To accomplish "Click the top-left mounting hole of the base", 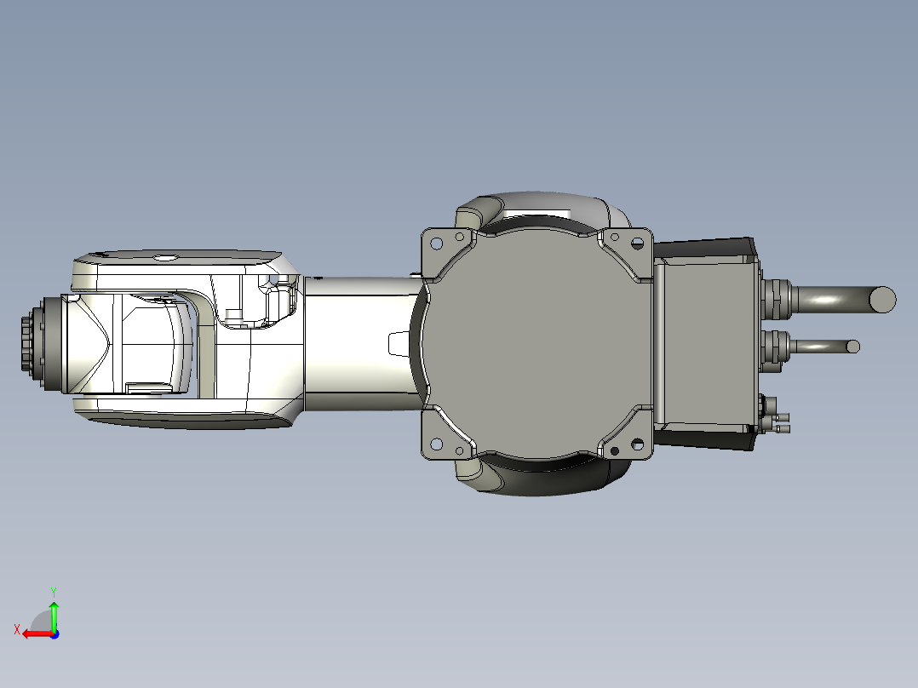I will (x=436, y=243).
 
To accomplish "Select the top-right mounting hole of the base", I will (x=636, y=243).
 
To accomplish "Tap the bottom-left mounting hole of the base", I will (x=436, y=444).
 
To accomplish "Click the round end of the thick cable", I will (x=883, y=298).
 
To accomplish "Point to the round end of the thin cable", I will (x=852, y=347).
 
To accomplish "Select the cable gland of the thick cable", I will (x=776, y=298).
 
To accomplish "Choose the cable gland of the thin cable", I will (x=776, y=347).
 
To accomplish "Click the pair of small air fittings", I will (x=778, y=422).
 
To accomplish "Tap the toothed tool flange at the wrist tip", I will (x=29, y=343).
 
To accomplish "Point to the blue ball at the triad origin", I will (x=55, y=634).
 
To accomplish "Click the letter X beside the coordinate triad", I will (x=17, y=629).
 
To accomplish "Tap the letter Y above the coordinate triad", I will (x=53, y=590).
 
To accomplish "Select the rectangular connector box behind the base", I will (x=706, y=343).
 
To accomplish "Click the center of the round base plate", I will (x=536, y=343).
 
